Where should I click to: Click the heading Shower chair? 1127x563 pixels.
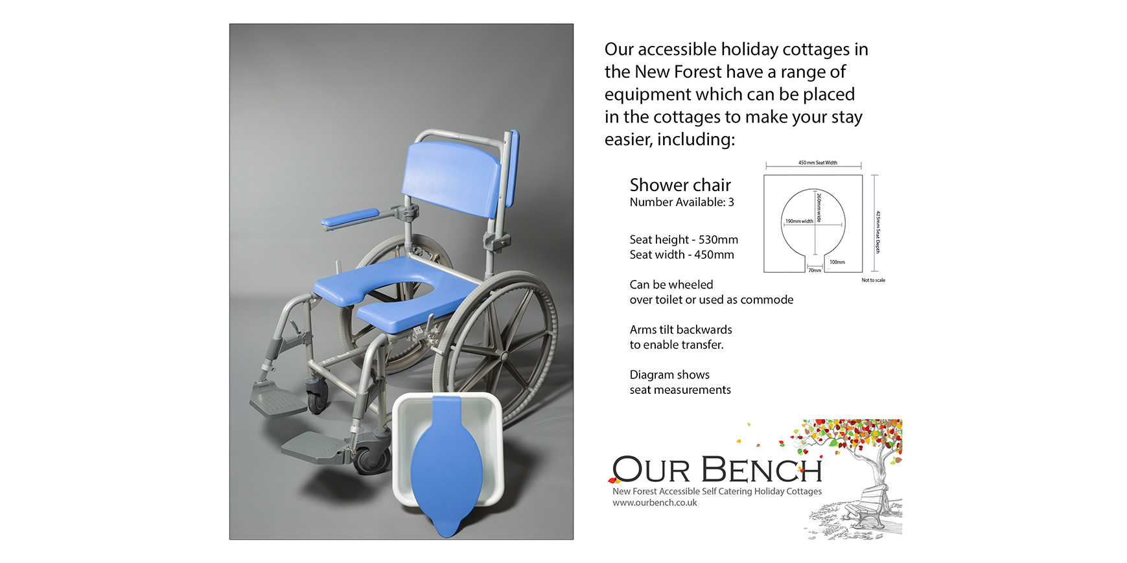pos(680,185)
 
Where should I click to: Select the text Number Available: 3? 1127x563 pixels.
pos(682,202)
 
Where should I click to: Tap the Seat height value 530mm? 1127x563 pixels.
pos(718,240)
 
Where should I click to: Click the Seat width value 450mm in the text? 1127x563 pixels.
pos(714,255)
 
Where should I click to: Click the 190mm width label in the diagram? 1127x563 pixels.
pos(799,221)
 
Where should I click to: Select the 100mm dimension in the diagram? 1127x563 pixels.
pos(837,262)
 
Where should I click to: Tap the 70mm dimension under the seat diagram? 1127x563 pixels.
pos(815,270)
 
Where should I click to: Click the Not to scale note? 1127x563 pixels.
pos(873,281)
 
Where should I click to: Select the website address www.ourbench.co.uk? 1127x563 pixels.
pos(655,503)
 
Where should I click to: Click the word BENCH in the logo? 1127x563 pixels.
pos(762,469)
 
